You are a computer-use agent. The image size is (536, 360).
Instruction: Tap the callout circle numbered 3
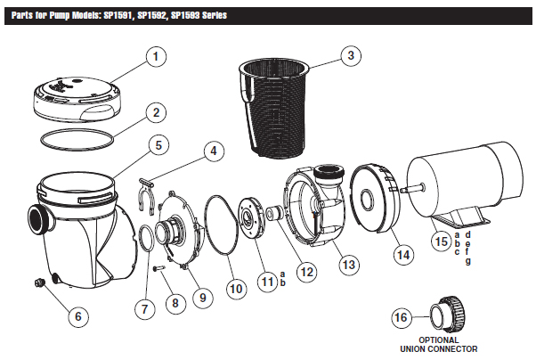click(352, 55)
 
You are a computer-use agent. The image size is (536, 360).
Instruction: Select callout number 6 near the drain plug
click(77, 315)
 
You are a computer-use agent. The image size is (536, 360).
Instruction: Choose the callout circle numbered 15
click(440, 239)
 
